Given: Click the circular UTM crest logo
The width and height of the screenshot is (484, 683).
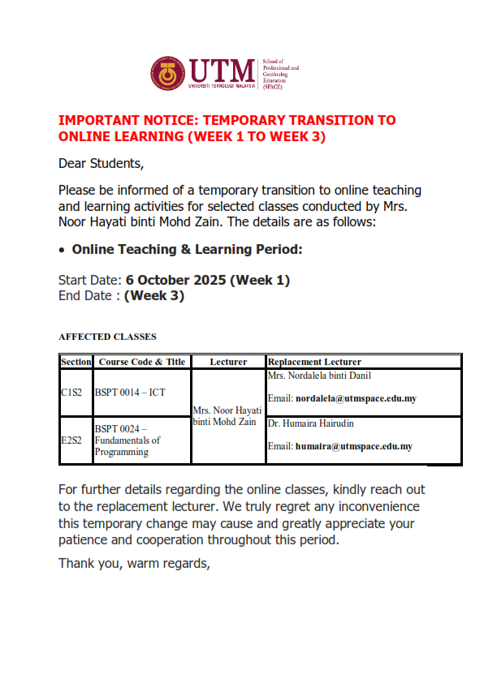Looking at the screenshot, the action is tap(167, 74).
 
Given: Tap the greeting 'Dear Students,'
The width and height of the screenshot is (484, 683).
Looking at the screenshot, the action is tap(101, 163).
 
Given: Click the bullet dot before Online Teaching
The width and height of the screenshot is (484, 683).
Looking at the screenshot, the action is tap(63, 250).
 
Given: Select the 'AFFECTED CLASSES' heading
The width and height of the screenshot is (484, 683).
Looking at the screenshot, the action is tap(107, 336).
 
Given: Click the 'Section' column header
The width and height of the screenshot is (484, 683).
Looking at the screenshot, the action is tap(76, 361).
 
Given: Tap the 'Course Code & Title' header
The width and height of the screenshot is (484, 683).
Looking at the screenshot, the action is tap(141, 361).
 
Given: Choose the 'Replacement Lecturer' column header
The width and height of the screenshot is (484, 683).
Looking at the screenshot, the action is tap(314, 361).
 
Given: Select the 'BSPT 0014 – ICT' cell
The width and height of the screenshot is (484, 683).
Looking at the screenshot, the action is tap(130, 393).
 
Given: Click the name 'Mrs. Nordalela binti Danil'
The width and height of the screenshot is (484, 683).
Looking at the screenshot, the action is tap(319, 376).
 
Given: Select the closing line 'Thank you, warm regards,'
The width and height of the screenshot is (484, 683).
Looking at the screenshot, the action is tap(134, 562).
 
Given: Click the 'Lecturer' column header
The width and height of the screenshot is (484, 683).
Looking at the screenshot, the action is tap(228, 361).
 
